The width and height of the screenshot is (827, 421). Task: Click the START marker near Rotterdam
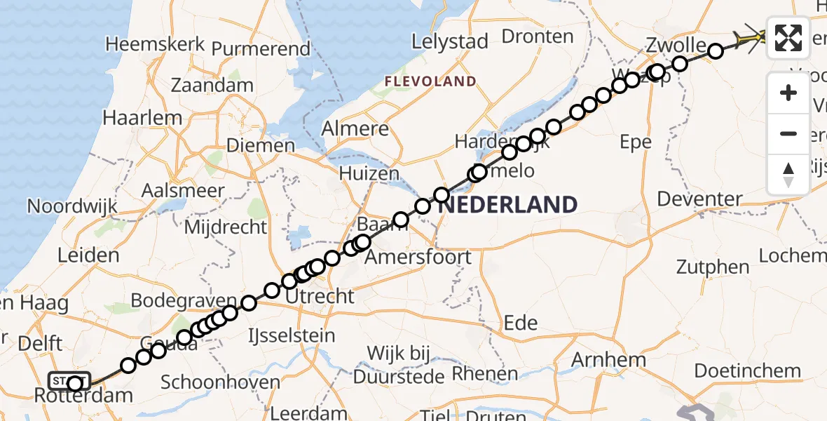coord(69,381)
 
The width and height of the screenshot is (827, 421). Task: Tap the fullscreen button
coord(788,37)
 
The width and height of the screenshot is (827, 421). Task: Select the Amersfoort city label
coord(419,257)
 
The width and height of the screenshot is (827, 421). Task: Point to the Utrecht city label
coord(321,296)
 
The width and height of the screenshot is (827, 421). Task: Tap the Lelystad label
coord(449,42)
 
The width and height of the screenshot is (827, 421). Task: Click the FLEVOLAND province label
coord(430,81)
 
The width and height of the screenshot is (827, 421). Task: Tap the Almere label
coord(355,129)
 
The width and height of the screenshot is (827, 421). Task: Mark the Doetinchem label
coord(747,370)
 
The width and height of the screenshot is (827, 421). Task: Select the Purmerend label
coord(261,49)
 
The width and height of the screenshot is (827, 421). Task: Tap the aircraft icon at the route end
coord(751,36)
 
